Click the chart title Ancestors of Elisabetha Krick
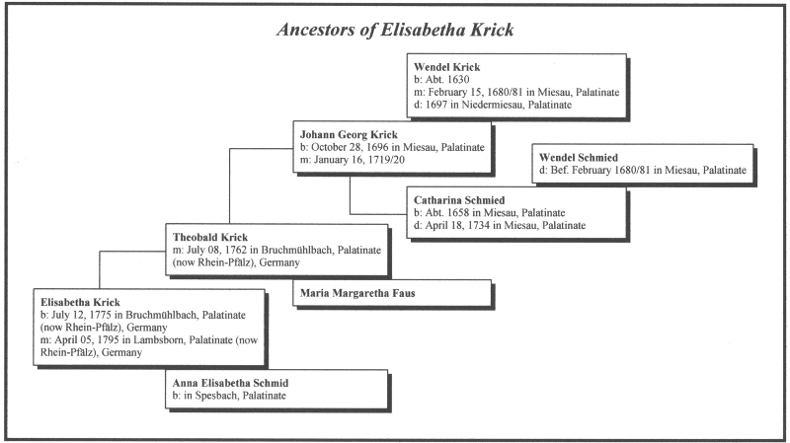(x=395, y=31)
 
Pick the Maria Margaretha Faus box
(x=362, y=292)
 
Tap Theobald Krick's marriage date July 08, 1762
(x=225, y=250)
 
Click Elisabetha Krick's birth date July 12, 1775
(x=88, y=314)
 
